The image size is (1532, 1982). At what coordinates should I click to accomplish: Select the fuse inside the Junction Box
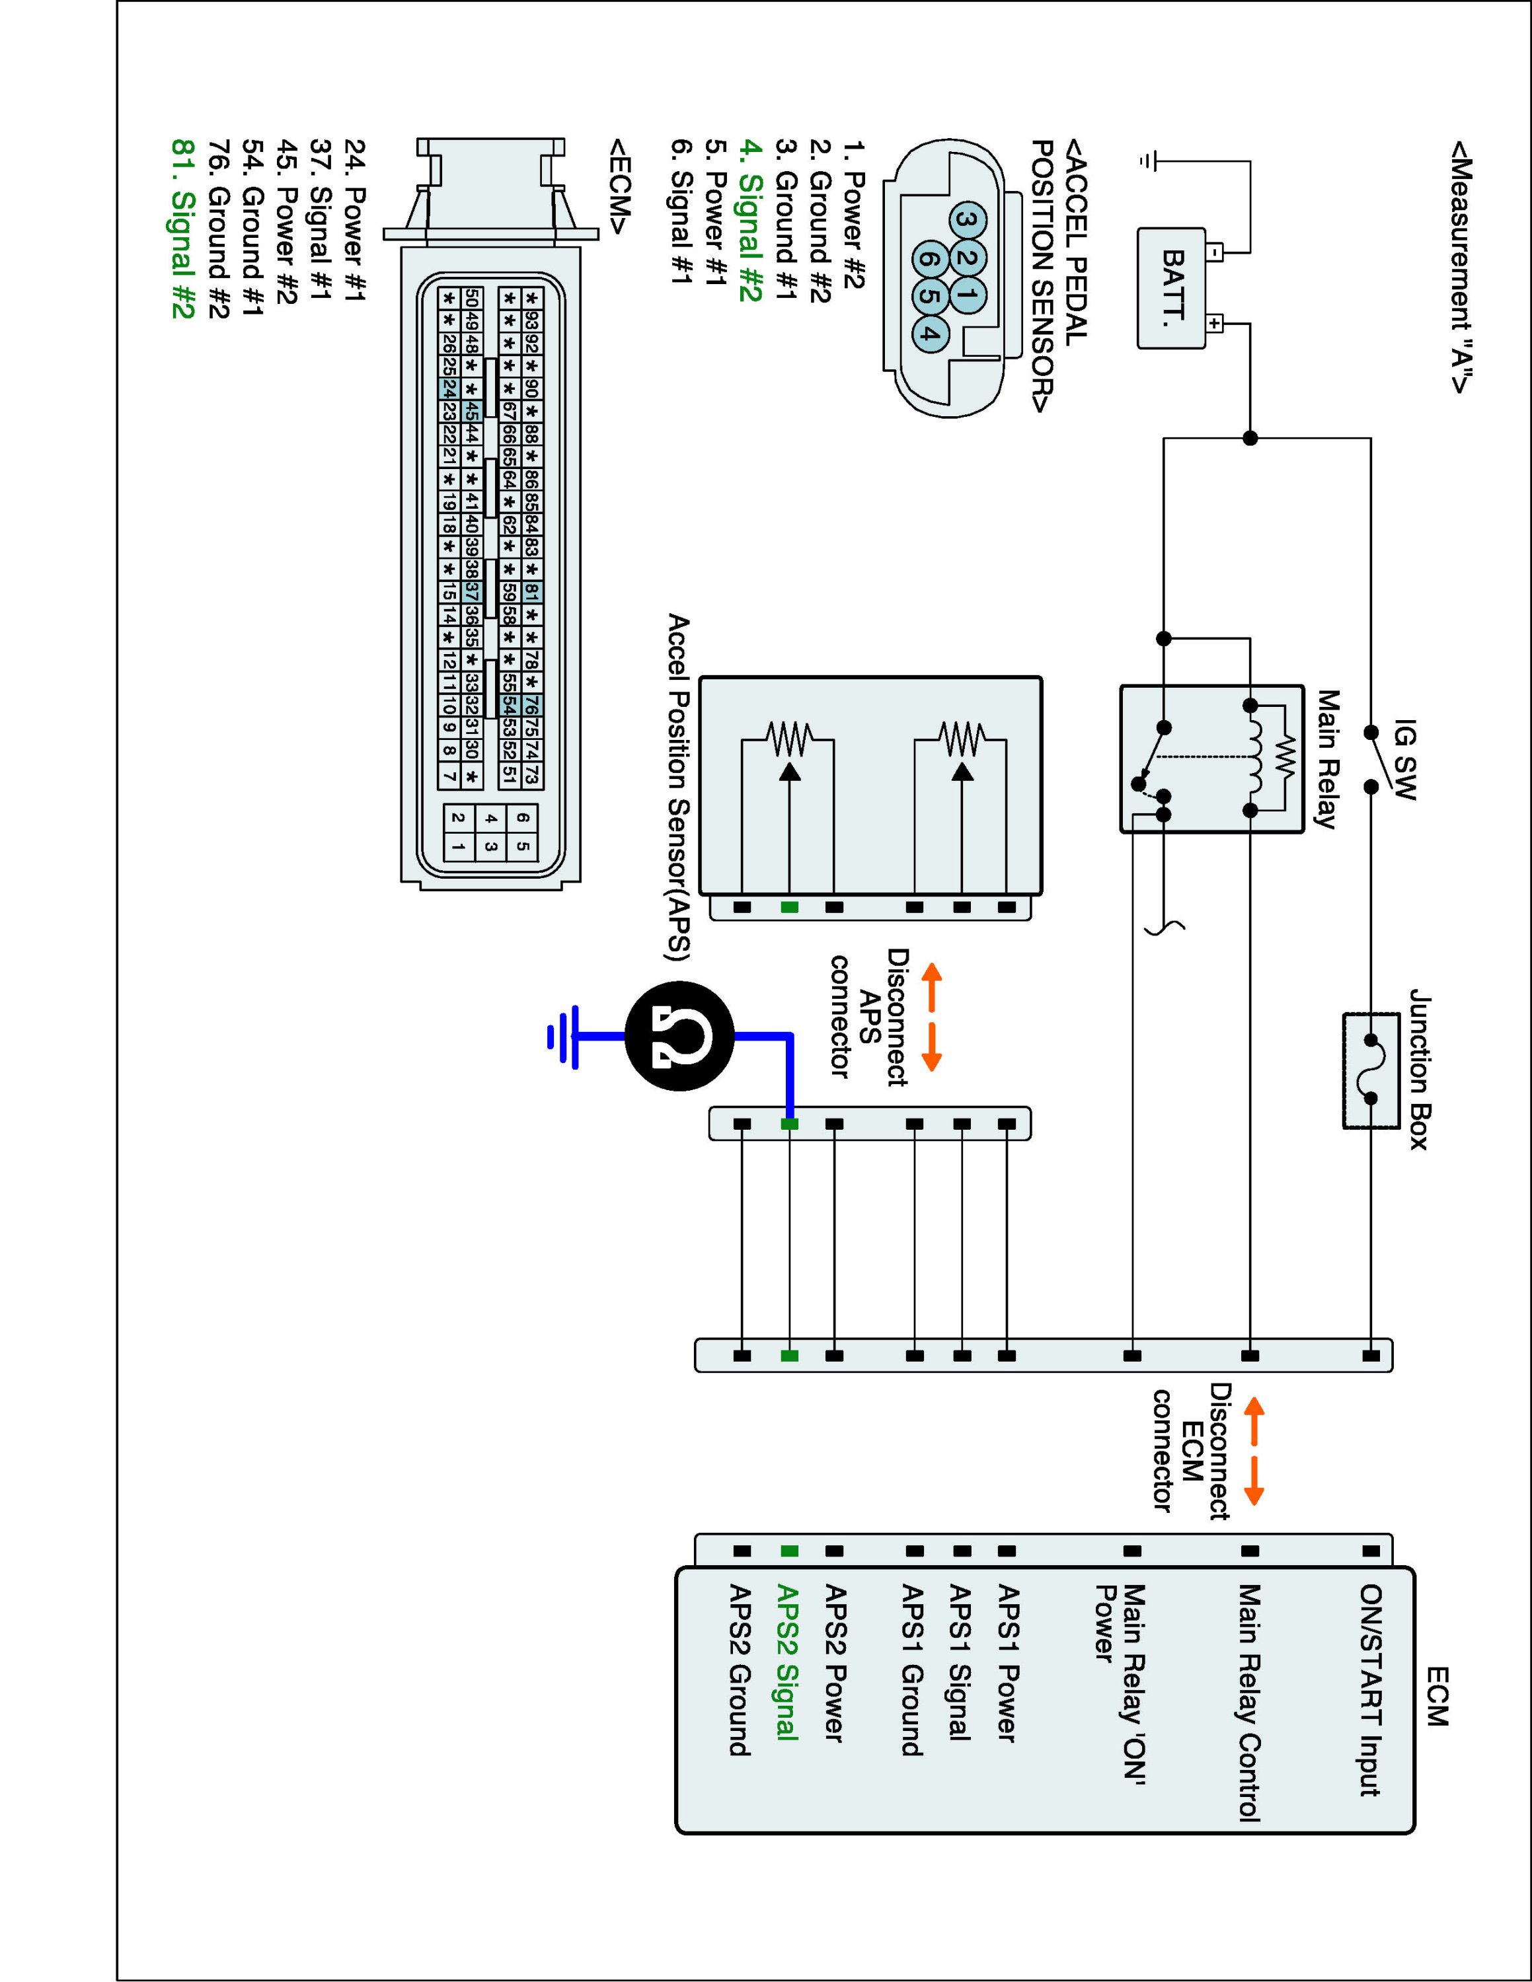click(1371, 1070)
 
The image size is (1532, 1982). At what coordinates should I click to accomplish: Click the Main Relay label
click(1327, 760)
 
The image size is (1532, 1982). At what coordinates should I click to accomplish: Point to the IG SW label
click(1404, 760)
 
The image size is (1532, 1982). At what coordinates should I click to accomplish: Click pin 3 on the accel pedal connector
click(970, 221)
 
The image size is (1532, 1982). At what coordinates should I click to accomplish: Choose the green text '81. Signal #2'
click(182, 228)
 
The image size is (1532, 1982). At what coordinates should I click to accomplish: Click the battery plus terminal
click(1215, 322)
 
